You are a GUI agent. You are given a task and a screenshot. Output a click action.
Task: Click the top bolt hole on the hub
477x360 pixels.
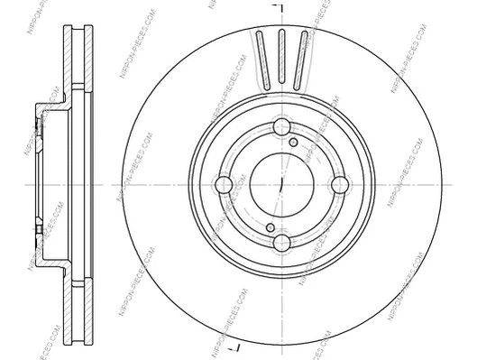(x=280, y=127)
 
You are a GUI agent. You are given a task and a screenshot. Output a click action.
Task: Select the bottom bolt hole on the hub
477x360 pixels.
(x=280, y=242)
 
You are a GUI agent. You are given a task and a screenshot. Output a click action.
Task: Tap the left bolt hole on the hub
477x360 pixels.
(x=224, y=185)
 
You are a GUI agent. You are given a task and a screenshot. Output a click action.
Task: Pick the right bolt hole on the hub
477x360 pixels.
(x=338, y=185)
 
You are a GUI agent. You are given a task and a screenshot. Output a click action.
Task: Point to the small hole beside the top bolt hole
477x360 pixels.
(x=293, y=142)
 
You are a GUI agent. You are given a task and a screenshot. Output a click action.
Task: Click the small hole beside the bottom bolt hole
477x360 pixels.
(x=269, y=227)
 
